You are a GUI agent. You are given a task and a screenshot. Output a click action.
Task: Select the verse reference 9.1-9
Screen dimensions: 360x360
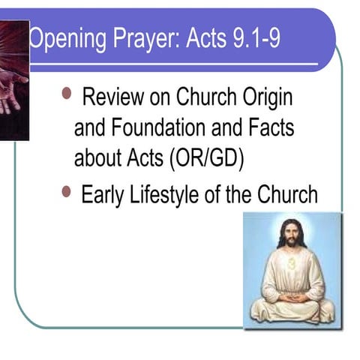pos(253,39)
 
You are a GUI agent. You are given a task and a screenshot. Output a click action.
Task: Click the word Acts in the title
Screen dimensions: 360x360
pos(196,39)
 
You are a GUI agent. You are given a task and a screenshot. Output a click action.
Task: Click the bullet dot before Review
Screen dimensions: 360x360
pos(67,94)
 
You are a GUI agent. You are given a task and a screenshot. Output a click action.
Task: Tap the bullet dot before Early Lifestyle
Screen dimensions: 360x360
pos(67,192)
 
